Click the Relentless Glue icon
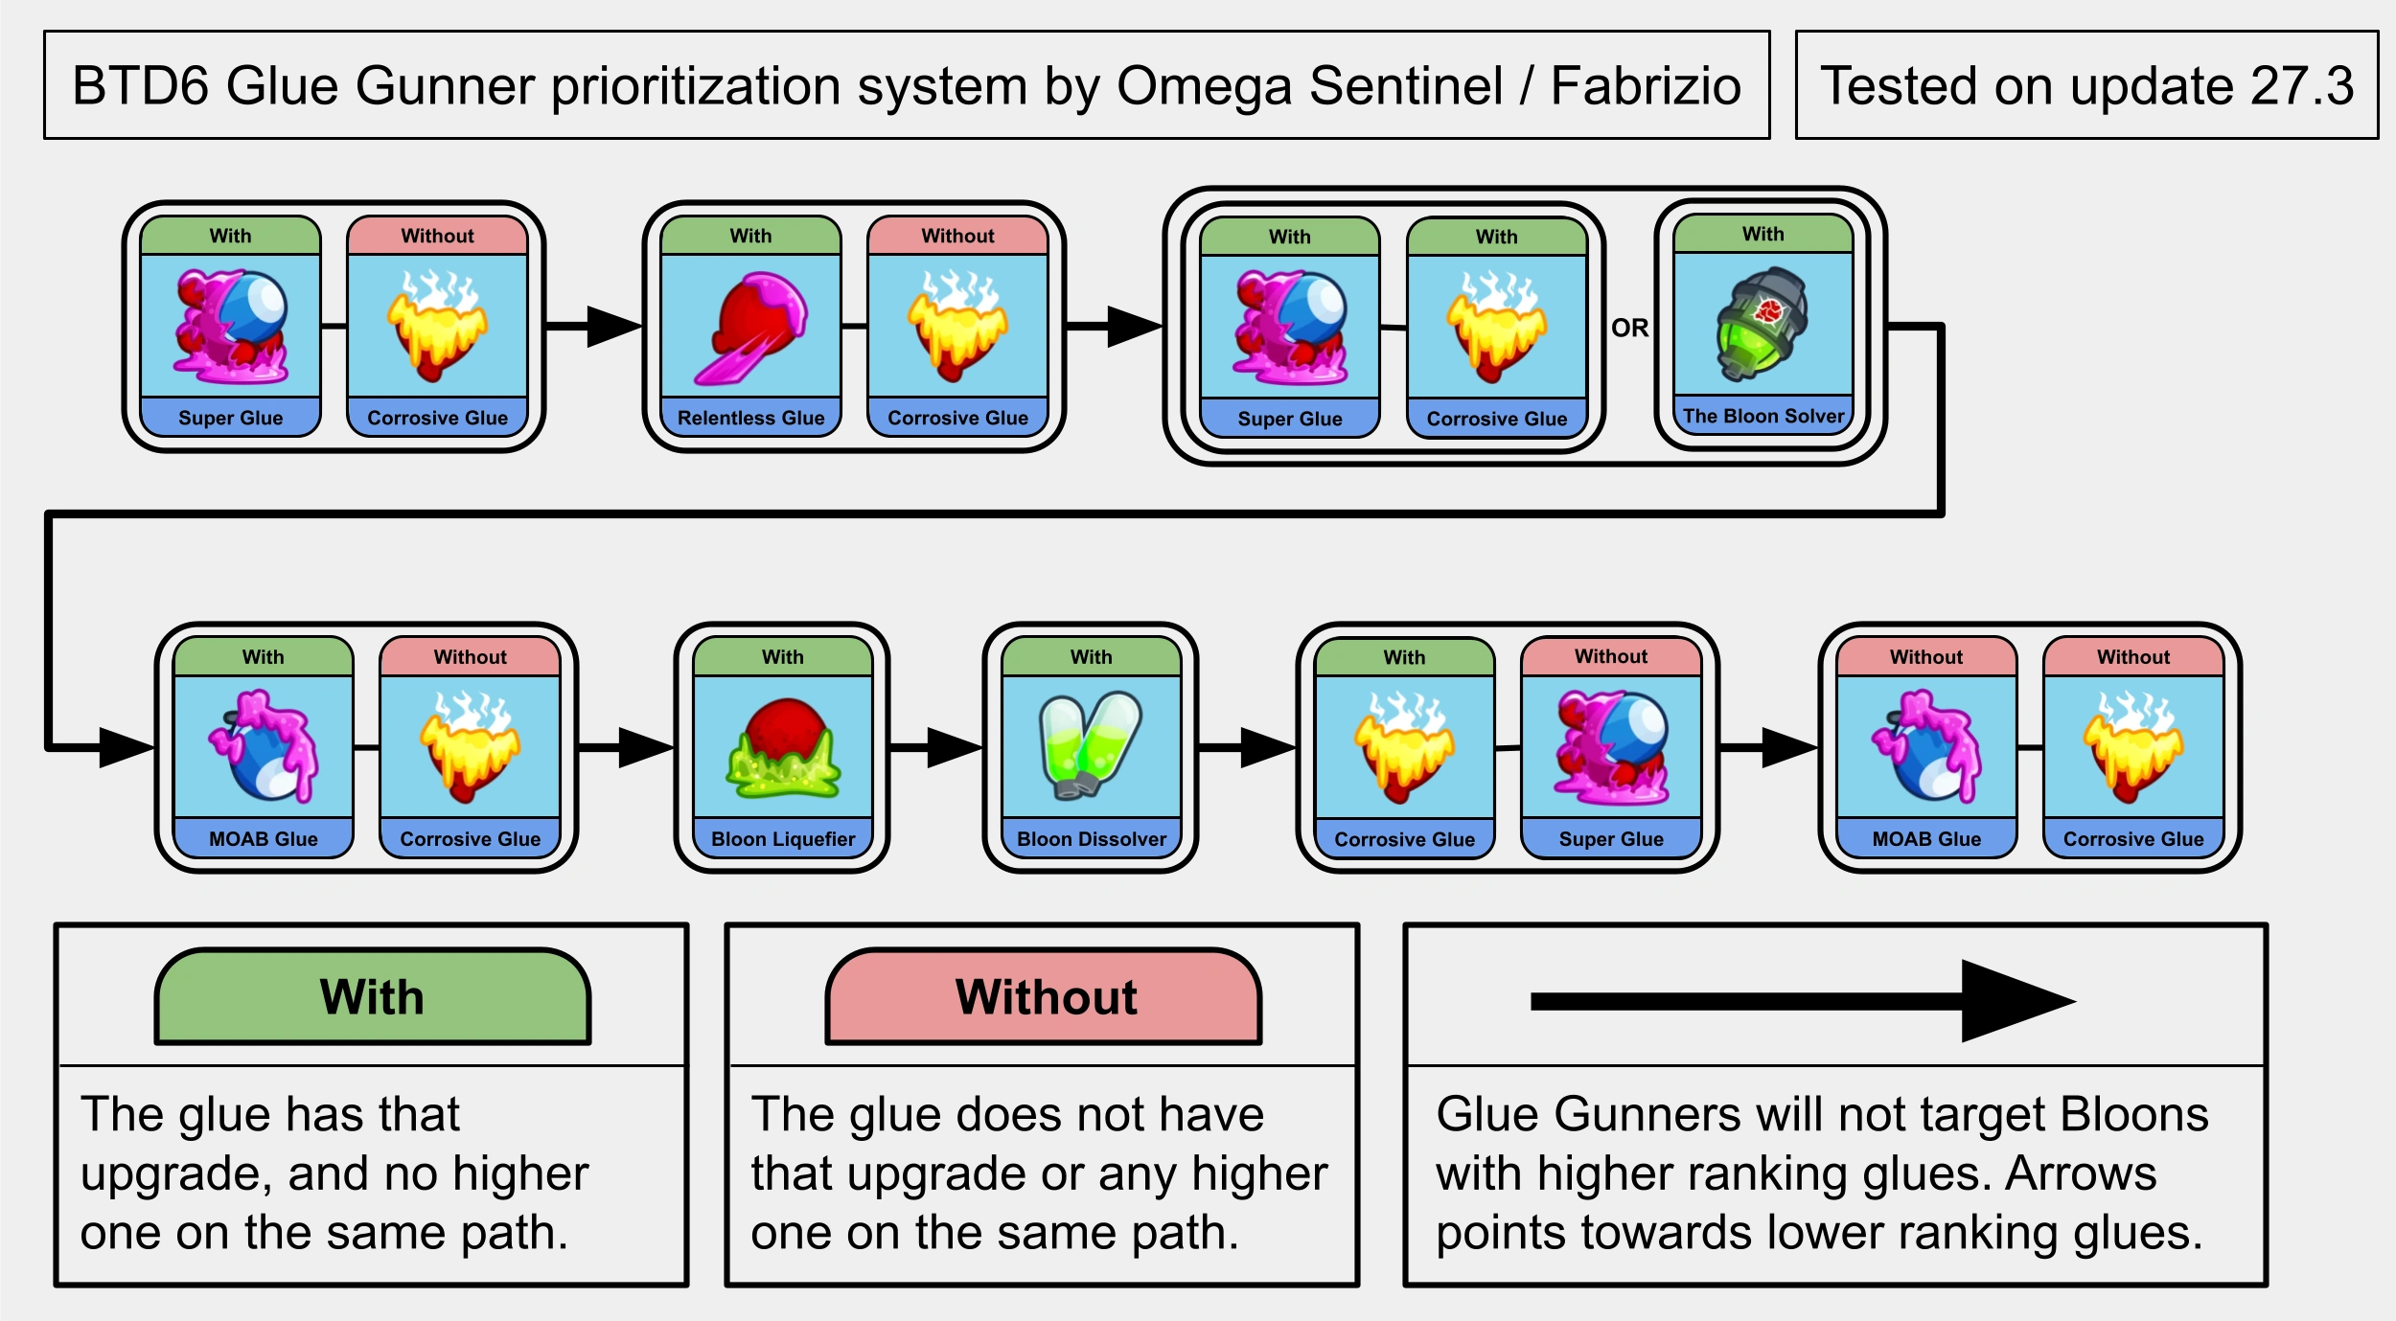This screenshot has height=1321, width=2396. click(x=751, y=327)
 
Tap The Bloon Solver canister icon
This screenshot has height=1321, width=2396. click(x=1762, y=323)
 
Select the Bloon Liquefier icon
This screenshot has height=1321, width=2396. click(x=783, y=747)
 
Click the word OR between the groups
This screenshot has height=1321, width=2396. click(x=1629, y=328)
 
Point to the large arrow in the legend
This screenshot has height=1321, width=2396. click(x=1802, y=1001)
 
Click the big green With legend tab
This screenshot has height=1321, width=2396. click(x=372, y=997)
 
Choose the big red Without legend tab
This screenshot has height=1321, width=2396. click(x=1044, y=997)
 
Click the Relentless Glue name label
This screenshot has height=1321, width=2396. click(x=751, y=418)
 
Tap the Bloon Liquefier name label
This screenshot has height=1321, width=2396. click(x=783, y=839)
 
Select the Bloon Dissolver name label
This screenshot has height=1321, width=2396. click(x=1091, y=839)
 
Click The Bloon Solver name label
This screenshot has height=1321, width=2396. click(x=1762, y=416)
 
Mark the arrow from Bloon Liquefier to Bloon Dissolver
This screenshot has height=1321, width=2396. click(x=934, y=747)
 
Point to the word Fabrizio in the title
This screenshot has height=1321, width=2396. click(x=1645, y=86)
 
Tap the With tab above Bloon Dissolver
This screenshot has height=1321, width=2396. click(x=1091, y=657)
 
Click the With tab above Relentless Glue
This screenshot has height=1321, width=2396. click(x=751, y=236)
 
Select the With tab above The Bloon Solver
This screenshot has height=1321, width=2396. click(x=1762, y=234)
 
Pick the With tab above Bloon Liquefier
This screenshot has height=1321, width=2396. click(x=783, y=657)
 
